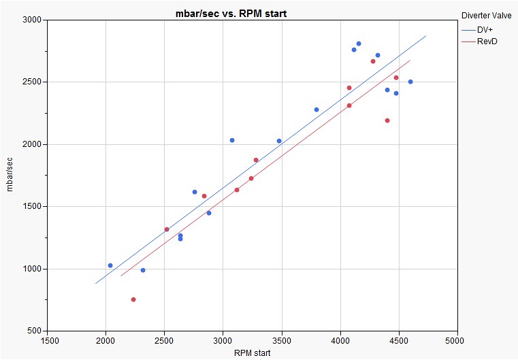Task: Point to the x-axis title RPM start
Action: point(251,353)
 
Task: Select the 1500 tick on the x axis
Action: point(48,340)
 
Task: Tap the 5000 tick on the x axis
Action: point(456,340)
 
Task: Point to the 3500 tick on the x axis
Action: point(281,340)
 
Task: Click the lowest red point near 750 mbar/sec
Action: point(133,299)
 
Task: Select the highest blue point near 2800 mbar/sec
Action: point(359,44)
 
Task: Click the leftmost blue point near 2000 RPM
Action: point(110,265)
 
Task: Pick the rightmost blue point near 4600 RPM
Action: point(410,82)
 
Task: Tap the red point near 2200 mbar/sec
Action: point(387,120)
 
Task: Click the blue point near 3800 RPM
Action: point(317,110)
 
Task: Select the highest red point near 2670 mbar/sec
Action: point(373,61)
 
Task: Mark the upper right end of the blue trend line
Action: point(426,35)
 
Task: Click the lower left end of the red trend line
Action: point(121,276)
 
